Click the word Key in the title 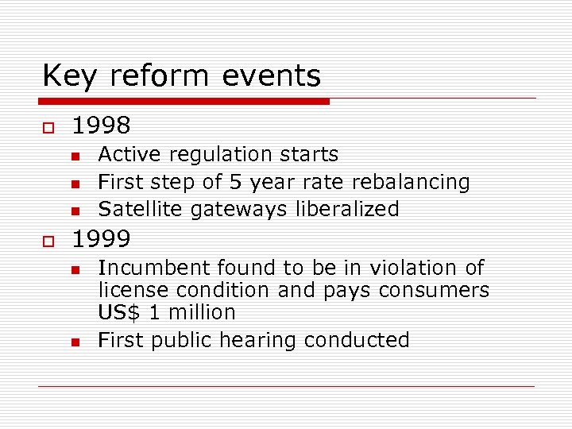[71, 76]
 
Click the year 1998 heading [101, 126]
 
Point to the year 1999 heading [101, 238]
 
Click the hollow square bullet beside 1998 [47, 127]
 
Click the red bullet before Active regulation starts [75, 156]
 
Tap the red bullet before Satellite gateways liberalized [75, 211]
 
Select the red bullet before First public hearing [75, 342]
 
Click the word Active [127, 154]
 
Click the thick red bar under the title [184, 102]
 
